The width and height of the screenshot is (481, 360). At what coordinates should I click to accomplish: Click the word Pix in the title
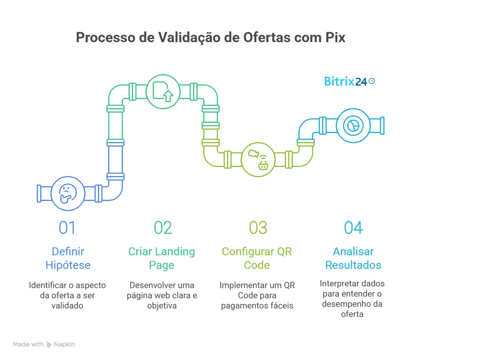(x=335, y=37)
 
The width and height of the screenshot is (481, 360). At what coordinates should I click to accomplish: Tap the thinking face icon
(x=68, y=193)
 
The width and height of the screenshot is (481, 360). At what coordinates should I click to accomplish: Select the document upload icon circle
(x=163, y=91)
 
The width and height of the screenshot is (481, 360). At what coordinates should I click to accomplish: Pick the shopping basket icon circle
(x=258, y=159)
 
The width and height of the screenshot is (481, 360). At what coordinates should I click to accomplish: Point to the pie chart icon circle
(x=353, y=126)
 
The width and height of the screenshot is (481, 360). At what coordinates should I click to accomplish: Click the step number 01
(x=67, y=228)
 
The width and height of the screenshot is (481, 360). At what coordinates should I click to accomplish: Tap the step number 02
(x=163, y=228)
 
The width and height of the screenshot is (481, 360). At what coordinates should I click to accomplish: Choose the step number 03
(x=258, y=228)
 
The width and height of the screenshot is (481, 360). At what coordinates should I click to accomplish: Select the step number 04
(x=353, y=228)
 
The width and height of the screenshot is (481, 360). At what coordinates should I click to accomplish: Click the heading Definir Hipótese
(x=68, y=258)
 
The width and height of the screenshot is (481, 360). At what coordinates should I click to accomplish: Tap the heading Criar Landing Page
(x=162, y=258)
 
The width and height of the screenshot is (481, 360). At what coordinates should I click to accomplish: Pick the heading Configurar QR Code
(x=257, y=258)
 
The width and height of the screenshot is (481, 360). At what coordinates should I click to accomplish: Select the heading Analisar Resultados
(x=353, y=258)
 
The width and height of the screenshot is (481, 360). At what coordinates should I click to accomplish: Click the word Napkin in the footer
(x=64, y=344)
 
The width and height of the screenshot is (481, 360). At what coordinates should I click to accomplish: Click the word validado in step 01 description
(x=67, y=306)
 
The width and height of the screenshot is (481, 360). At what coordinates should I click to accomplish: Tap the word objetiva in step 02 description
(x=162, y=306)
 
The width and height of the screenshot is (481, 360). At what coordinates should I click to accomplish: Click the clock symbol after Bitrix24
(x=371, y=81)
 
